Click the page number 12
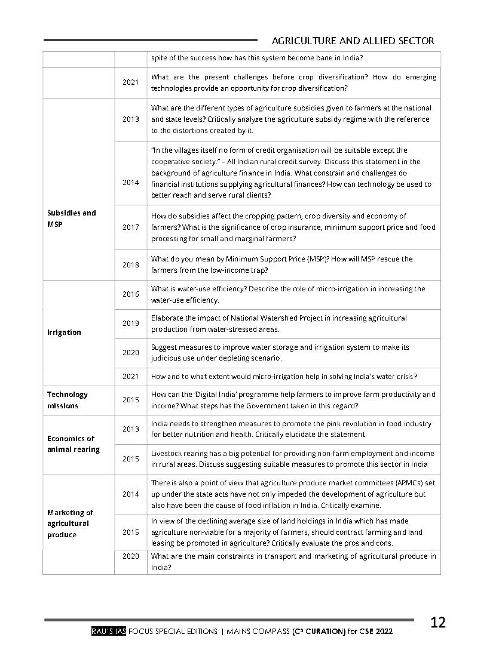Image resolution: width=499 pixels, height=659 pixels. pos(437,623)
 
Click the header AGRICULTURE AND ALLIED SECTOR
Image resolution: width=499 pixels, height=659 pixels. pos(353,41)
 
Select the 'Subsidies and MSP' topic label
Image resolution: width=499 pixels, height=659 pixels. pos(71,218)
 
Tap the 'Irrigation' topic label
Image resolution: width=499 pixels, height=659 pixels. pos(64,332)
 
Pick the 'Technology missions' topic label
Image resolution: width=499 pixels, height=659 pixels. pos(67,400)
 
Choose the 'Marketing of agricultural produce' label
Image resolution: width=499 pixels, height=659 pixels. pos(70,523)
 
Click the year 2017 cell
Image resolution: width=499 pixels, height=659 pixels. pos(130,227)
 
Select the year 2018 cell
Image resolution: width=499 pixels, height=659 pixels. pos(130,264)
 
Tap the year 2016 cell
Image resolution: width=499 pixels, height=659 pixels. pos(130,294)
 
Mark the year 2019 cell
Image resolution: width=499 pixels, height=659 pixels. pos(130,324)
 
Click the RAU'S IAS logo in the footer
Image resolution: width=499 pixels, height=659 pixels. pos(108,631)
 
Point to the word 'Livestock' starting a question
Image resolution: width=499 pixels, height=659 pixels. pos(167,454)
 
